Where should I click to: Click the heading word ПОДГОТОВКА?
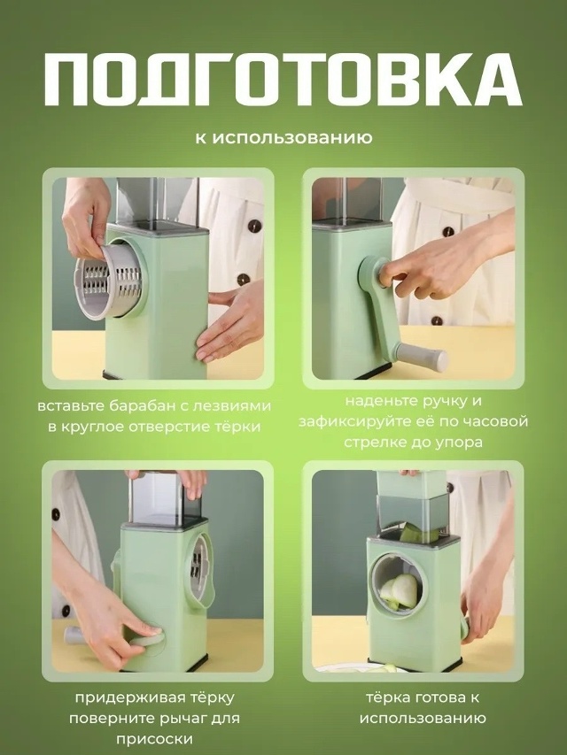pyautogui.click(x=283, y=80)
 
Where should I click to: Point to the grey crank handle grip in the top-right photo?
pyautogui.click(x=423, y=355)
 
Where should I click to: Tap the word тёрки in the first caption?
pyautogui.click(x=238, y=427)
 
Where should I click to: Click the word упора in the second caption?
pyautogui.click(x=458, y=443)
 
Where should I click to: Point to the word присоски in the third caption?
pyautogui.click(x=154, y=739)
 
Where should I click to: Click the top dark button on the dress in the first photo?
pyautogui.click(x=254, y=226)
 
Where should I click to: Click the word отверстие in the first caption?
pyautogui.click(x=172, y=427)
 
